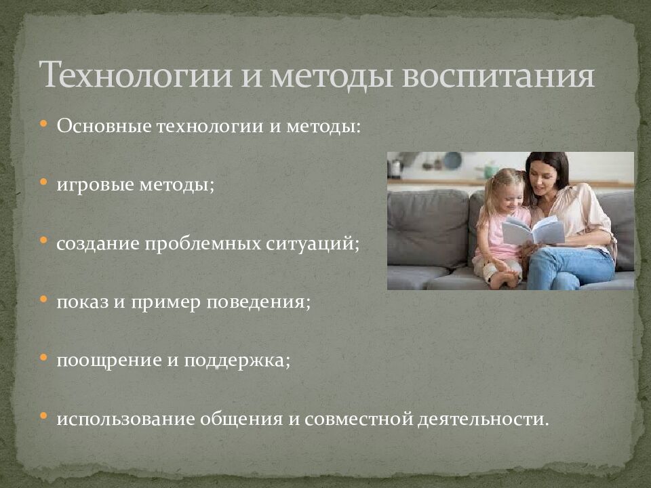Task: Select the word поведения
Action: click(265, 302)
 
